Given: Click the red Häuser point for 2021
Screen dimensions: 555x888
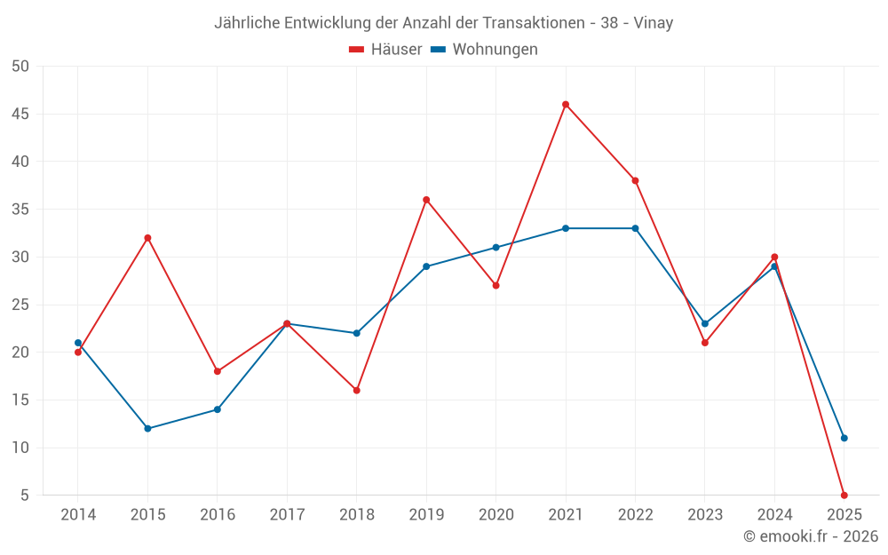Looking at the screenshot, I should point(566,105).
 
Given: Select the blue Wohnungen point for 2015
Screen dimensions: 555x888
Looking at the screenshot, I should point(147,429).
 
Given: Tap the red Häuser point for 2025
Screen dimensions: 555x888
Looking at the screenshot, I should point(844,495).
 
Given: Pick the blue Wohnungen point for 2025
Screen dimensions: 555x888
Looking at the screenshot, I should point(844,438).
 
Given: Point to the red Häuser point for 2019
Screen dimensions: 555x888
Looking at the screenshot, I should point(426,200).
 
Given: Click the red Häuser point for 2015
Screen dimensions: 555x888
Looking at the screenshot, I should point(147,238).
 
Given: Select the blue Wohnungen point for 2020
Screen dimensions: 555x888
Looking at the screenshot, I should point(496,248).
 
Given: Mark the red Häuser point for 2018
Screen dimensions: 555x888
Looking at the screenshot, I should point(356,391).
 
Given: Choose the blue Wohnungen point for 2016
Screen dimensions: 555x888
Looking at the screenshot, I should point(217,409).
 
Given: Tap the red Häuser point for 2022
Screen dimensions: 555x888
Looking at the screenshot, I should point(635,180).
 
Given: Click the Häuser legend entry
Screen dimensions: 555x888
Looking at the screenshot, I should point(385,50).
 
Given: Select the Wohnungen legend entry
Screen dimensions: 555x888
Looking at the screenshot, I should point(485,50).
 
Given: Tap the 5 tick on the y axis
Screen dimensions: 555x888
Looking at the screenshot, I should point(25,496).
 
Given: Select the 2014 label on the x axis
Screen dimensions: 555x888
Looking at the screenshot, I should point(78,515).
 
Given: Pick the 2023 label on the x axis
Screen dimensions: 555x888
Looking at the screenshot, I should point(705,515).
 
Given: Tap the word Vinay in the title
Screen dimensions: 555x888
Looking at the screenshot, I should point(653,23).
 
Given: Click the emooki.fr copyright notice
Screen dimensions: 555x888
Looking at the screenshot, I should point(811,536).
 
